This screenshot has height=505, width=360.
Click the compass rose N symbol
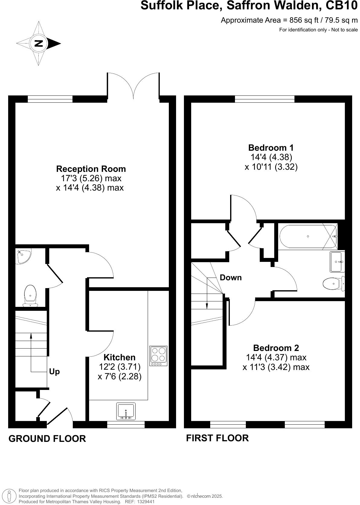pyautogui.click(x=38, y=43)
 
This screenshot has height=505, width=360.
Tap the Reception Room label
pyautogui.click(x=91, y=169)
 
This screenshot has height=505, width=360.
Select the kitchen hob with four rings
pyautogui.click(x=159, y=355)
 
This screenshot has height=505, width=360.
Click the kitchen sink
pyautogui.click(x=126, y=411)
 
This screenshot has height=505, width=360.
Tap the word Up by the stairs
pyautogui.click(x=54, y=372)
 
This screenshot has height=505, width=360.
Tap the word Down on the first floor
pyautogui.click(x=230, y=278)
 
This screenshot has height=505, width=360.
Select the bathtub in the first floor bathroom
pyautogui.click(x=308, y=236)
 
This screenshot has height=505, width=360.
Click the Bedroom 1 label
pyautogui.click(x=271, y=148)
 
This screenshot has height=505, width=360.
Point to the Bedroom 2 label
pyautogui.click(x=276, y=348)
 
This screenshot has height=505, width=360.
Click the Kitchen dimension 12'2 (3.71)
pyautogui.click(x=120, y=367)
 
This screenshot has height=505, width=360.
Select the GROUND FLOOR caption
pyautogui.click(x=47, y=438)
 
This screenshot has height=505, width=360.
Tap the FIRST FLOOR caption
pyautogui.click(x=217, y=438)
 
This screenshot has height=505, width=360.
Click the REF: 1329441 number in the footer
pyautogui.click(x=146, y=501)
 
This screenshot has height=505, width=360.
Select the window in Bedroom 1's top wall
pyautogui.click(x=265, y=99)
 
